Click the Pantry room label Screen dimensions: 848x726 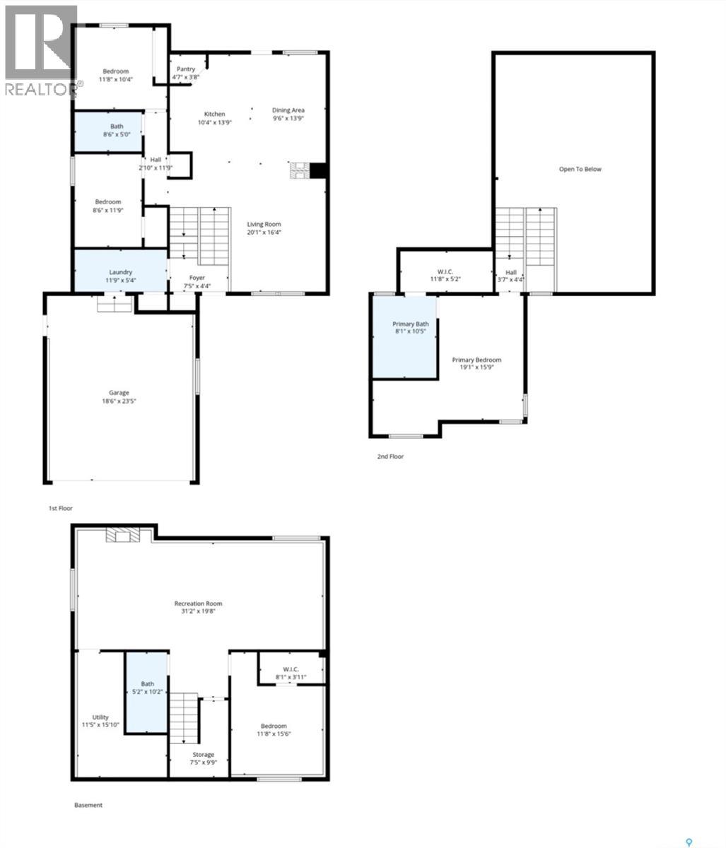(186, 69)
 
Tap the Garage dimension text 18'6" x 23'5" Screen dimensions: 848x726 (119, 401)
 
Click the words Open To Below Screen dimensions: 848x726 (580, 170)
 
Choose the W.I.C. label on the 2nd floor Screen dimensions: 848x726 (445, 272)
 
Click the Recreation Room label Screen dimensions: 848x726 (199, 603)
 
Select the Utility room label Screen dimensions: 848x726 (100, 718)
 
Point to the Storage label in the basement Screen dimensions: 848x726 (203, 755)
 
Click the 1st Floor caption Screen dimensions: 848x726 (60, 508)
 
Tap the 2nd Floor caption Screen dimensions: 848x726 (390, 457)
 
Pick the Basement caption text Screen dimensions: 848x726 (88, 805)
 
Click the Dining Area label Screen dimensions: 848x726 (288, 110)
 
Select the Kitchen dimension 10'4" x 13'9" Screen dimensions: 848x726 (215, 123)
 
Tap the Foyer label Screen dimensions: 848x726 (197, 278)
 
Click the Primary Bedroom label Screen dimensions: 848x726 (476, 360)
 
